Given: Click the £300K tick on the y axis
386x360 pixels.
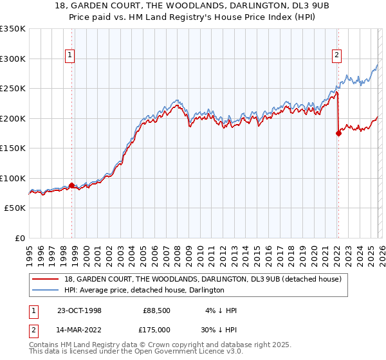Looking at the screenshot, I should [x=13, y=59].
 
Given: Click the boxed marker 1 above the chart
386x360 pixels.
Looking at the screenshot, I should [x=69, y=56].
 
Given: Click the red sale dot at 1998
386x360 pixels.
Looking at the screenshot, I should [x=71, y=185].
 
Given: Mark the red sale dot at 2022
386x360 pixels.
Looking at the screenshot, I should [x=338, y=134].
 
